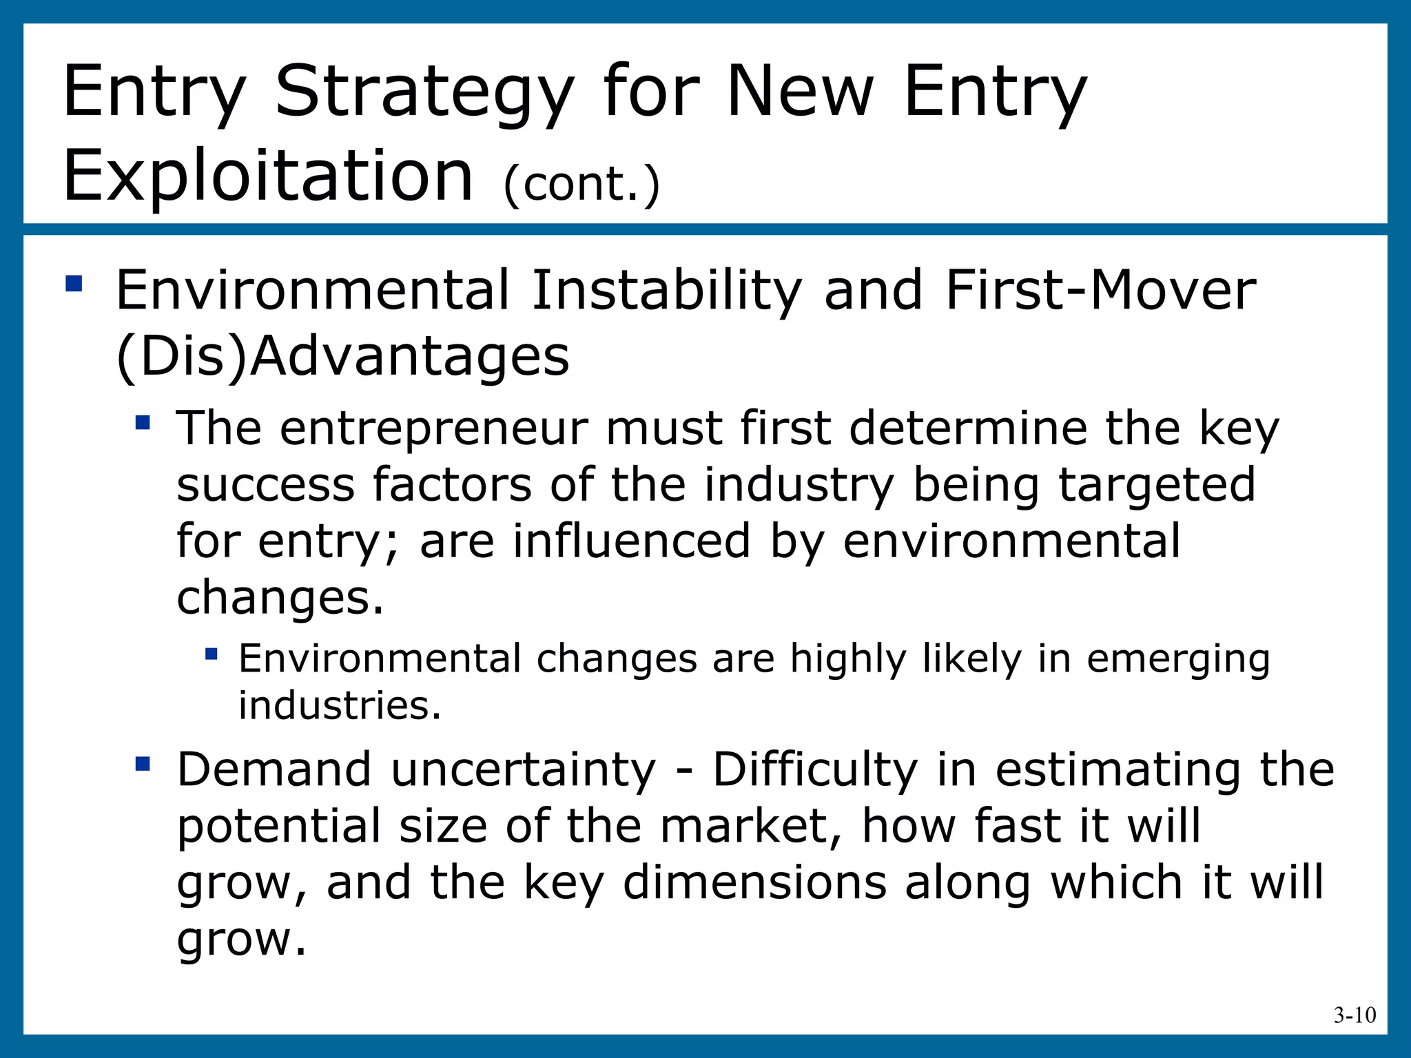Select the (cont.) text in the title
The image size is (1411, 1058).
581,185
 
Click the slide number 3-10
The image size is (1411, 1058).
1354,1015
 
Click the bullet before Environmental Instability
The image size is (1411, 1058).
74,284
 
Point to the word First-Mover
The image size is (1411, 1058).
1100,291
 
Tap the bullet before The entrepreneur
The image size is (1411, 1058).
143,422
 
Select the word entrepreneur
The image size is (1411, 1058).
433,428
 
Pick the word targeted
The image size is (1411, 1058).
1157,484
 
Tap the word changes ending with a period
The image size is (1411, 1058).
280,597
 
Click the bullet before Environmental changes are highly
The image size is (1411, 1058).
212,653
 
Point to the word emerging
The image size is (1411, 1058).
1178,659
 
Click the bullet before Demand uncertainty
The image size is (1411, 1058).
143,763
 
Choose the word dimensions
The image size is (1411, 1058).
754,882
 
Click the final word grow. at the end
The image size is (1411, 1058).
241,940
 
